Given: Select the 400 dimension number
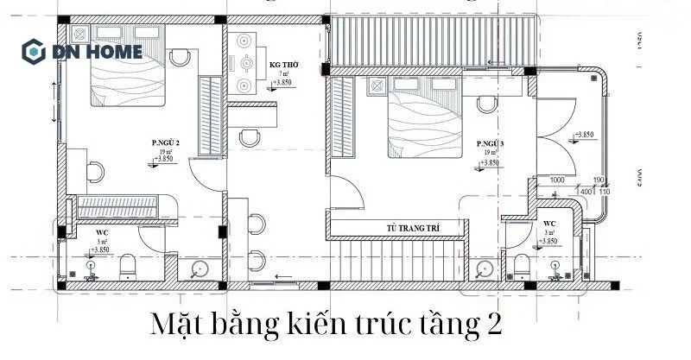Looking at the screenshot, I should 585,191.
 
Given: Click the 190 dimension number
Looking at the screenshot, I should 598,181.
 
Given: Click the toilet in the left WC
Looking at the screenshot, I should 128,266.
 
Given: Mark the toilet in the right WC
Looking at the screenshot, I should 521,265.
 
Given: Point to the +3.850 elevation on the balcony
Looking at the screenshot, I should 585,136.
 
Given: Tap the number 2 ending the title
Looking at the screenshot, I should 492,329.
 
